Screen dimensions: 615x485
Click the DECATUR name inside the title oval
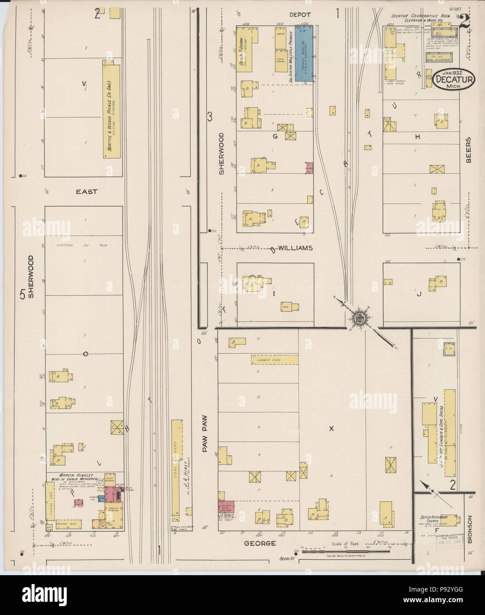[x=453, y=80]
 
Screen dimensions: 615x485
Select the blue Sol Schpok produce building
[x=304, y=54]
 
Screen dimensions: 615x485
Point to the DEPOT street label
[x=300, y=15]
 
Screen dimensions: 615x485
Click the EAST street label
[x=86, y=192]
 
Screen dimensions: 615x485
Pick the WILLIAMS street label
[x=295, y=248]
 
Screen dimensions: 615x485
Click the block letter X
[x=331, y=428]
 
